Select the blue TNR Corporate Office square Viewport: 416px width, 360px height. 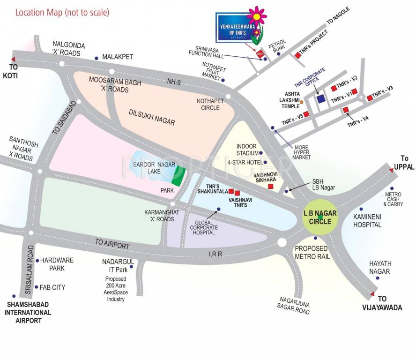321,99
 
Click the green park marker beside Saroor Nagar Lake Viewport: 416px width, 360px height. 178,176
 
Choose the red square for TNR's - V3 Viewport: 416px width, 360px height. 369,97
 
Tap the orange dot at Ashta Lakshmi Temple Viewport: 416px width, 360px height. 302,102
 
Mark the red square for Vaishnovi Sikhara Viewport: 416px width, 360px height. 270,186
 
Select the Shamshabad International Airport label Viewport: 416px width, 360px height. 28,312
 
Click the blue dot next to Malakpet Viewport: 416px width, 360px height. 96,58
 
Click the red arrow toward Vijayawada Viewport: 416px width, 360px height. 372,294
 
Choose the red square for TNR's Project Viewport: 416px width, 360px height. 297,55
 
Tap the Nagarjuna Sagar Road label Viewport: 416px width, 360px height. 295,305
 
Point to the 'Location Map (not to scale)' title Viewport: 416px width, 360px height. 62,12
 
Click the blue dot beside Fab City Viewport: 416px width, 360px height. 36,287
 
